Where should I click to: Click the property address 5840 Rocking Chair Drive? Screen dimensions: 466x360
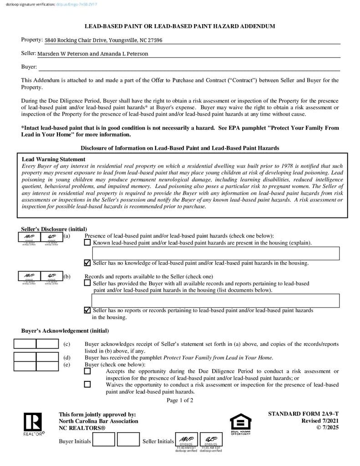tap(103, 40)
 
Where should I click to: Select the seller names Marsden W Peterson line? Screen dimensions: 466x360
tap(93, 54)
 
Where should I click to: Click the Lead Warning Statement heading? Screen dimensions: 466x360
tap(53, 159)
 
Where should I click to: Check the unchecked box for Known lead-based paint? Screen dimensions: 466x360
tap(87, 243)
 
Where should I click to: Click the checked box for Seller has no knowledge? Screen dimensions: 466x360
tap(87, 263)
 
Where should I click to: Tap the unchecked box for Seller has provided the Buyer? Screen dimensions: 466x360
tap(87, 283)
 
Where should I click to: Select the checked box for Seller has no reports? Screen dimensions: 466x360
tap(87, 310)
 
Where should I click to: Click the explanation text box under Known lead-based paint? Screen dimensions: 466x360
tap(216, 253)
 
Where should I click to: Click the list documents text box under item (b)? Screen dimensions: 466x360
tap(216, 300)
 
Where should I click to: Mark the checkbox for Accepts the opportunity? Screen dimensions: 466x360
tap(87, 371)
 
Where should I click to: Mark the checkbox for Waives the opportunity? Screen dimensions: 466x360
tap(87, 384)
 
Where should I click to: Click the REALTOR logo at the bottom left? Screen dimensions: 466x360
tap(33, 424)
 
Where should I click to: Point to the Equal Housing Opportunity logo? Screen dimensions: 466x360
tap(240, 424)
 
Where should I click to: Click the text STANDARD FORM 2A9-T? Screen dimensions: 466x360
tap(303, 414)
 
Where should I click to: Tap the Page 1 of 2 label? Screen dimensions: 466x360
tap(180, 400)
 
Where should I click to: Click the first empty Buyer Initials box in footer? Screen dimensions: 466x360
tap(104, 440)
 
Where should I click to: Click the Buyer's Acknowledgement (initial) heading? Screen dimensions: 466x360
tap(65, 331)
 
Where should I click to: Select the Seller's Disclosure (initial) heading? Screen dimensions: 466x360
tap(54, 229)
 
